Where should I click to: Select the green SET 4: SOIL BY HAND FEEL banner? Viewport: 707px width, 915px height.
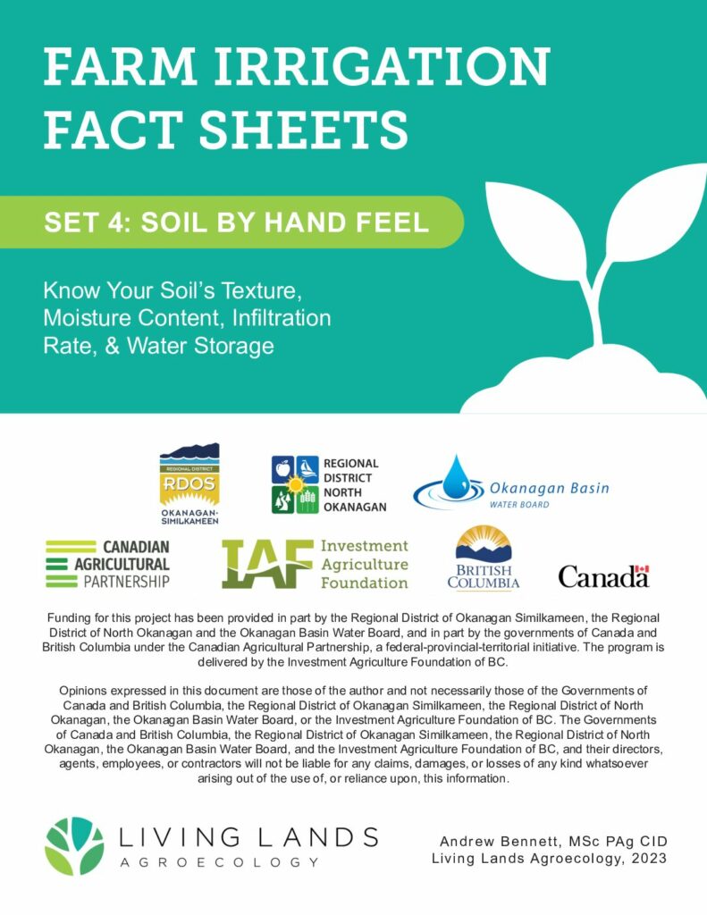click(x=237, y=222)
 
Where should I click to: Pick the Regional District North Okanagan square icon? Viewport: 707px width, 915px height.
click(x=295, y=484)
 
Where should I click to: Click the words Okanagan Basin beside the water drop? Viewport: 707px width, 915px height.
click(x=549, y=488)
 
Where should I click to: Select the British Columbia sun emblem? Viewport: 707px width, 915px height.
click(x=483, y=546)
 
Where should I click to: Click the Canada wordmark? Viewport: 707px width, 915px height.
click(x=602, y=577)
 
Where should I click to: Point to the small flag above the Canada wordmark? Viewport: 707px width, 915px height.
click(x=640, y=569)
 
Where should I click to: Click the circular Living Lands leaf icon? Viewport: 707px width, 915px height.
click(x=74, y=845)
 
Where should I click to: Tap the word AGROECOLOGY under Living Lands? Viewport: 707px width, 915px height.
click(x=218, y=862)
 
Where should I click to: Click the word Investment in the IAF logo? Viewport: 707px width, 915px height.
click(x=364, y=545)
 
